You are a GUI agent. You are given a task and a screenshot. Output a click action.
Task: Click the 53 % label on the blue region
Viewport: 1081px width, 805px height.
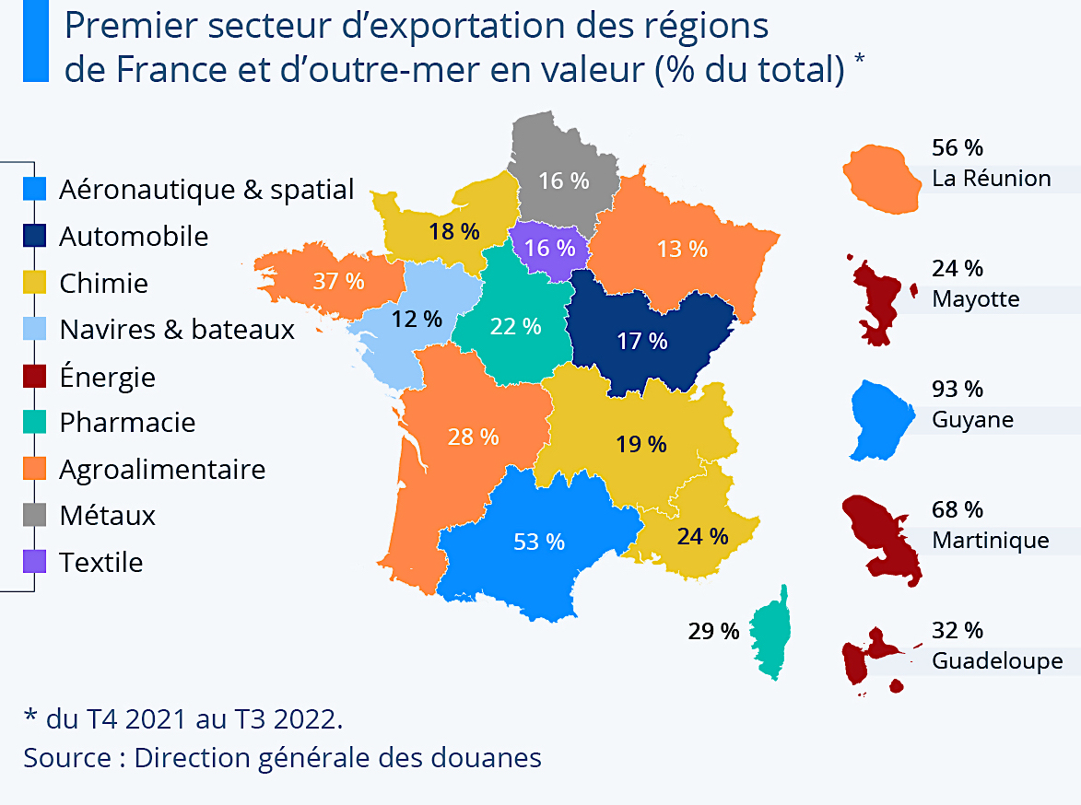(539, 542)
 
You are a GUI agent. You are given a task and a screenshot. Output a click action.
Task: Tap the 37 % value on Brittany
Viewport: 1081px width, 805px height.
(338, 281)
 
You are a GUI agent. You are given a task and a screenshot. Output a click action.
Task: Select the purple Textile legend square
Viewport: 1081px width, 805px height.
(34, 562)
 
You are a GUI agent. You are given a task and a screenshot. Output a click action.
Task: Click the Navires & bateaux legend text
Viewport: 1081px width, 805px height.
(177, 330)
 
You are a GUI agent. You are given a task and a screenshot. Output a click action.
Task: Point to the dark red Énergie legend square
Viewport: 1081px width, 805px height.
(34, 377)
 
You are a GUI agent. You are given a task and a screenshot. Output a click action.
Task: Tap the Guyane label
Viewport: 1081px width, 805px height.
(972, 420)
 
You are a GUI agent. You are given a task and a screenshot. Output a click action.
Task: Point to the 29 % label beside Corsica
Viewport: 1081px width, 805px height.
(713, 631)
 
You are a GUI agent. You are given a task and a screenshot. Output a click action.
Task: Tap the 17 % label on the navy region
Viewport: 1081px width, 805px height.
(642, 341)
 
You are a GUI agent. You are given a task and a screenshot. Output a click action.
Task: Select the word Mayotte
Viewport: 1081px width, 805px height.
(975, 299)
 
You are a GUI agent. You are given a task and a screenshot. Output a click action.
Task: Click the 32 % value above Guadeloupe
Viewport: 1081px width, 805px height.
(958, 630)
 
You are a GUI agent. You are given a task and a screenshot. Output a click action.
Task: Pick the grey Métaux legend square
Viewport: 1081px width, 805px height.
(34, 515)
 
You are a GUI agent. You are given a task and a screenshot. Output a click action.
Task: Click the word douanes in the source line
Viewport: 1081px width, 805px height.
(489, 758)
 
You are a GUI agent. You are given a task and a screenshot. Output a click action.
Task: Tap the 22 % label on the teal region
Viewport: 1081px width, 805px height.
(515, 326)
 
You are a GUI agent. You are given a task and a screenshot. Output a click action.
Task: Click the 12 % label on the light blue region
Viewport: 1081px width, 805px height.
(417, 319)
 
